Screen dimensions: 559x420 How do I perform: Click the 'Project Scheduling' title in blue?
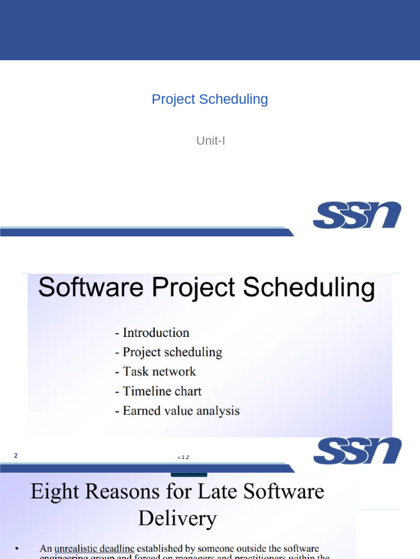[209, 99]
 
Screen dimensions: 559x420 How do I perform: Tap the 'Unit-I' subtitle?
[211, 141]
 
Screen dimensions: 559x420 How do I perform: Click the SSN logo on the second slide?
[357, 451]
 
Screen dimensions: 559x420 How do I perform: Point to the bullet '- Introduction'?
[152, 332]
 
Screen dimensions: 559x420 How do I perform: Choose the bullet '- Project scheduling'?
[168, 352]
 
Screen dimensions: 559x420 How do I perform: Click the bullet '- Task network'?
[155, 372]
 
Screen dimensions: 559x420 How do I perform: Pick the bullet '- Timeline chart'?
[158, 391]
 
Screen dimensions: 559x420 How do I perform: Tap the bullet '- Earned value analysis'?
[177, 411]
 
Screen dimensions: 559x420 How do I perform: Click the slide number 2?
[16, 455]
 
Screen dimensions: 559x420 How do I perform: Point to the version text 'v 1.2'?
[183, 457]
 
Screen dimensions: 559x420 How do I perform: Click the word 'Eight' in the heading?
[52, 492]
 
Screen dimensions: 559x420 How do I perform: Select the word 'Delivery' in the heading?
[177, 518]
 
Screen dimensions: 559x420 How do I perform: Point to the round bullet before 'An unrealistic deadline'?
[17, 548]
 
